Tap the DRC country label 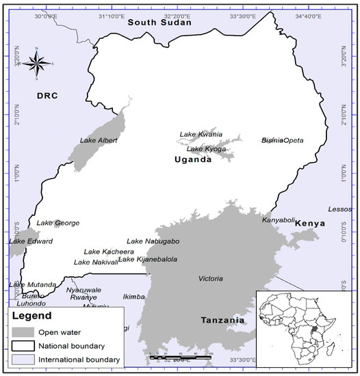coord(49,96)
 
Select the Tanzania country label coord(222,320)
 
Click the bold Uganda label coord(192,160)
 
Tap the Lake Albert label coord(99,141)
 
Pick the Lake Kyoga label coord(205,149)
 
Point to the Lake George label coord(58,223)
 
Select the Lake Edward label coord(31,241)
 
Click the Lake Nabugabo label coord(153,241)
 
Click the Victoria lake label coord(210,279)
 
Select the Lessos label coord(339,209)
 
